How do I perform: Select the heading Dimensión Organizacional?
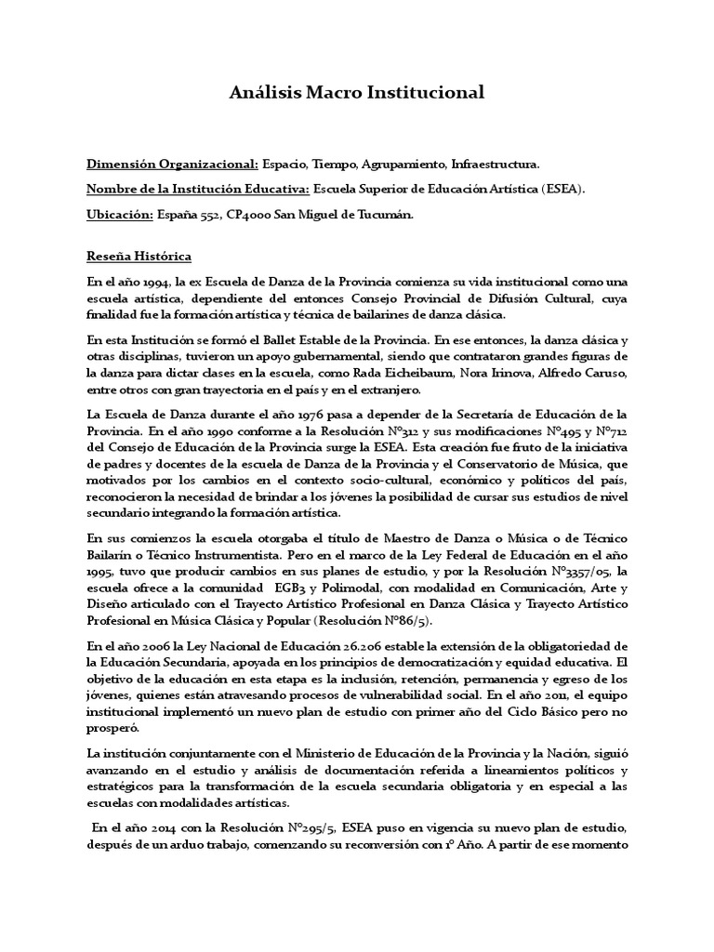pos(173,165)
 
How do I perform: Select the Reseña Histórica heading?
pos(139,257)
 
